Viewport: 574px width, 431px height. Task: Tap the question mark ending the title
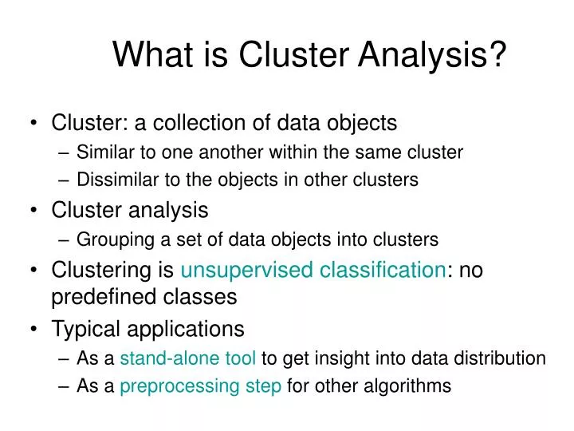pyautogui.click(x=497, y=56)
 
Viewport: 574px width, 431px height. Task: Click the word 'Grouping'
pyautogui.click(x=111, y=239)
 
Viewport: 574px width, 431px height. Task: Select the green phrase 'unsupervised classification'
pyautogui.click(x=312, y=270)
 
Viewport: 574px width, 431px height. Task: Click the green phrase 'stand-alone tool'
pyautogui.click(x=188, y=358)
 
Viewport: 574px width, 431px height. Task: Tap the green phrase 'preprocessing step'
pyautogui.click(x=200, y=386)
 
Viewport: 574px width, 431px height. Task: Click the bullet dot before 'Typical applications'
pyautogui.click(x=34, y=329)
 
